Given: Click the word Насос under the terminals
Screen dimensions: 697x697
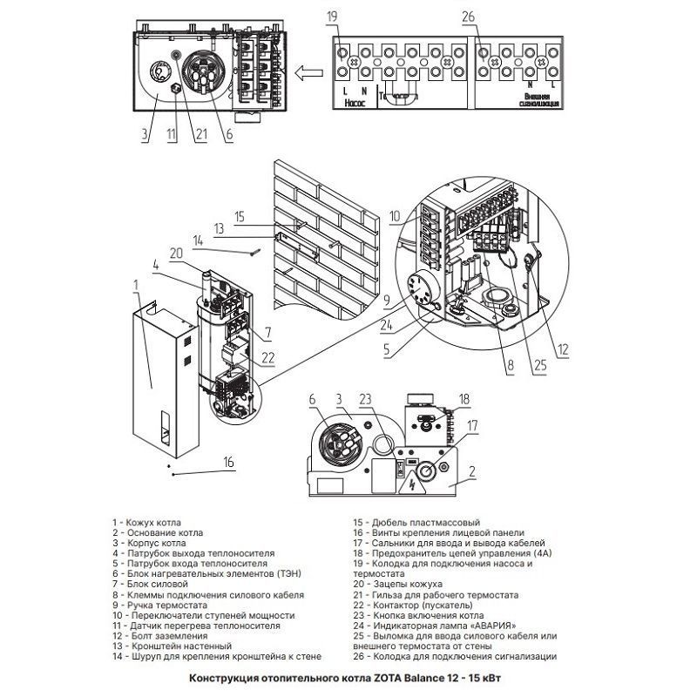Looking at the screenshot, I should pyautogui.click(x=354, y=102).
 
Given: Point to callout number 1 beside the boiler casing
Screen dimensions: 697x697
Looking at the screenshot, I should pyautogui.click(x=136, y=284).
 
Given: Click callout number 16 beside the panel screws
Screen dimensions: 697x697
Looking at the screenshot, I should pyautogui.click(x=229, y=462).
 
